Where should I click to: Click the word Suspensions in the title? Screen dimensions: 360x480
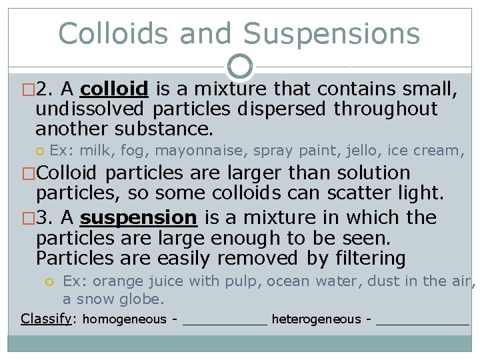tap(331, 33)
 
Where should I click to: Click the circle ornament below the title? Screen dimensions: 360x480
tap(240, 67)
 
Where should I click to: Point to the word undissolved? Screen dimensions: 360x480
tap(90, 109)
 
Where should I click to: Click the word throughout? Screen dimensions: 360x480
tap(386, 109)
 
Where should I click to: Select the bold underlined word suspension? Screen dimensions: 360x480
tap(139, 217)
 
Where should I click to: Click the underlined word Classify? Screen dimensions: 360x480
tap(46, 319)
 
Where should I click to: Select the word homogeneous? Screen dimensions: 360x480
tap(125, 319)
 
